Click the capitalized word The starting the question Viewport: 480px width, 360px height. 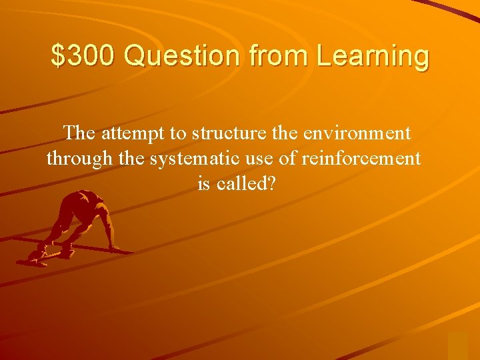pos(79,133)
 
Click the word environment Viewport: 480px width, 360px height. pos(356,134)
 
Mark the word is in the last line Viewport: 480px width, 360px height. pos(204,184)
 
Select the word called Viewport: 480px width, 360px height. pos(241,184)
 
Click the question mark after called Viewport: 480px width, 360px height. pos(271,184)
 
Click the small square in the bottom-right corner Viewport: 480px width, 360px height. pos(457,345)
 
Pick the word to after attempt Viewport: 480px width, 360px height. pos(178,134)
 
